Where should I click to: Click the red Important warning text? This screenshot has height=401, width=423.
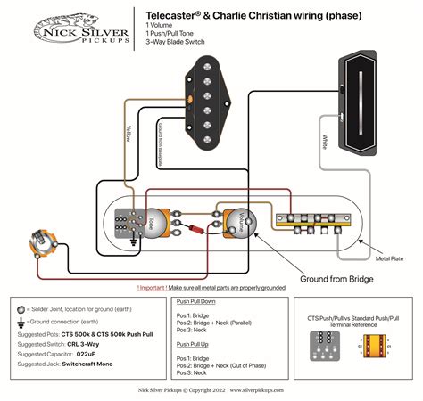tap(211, 288)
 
